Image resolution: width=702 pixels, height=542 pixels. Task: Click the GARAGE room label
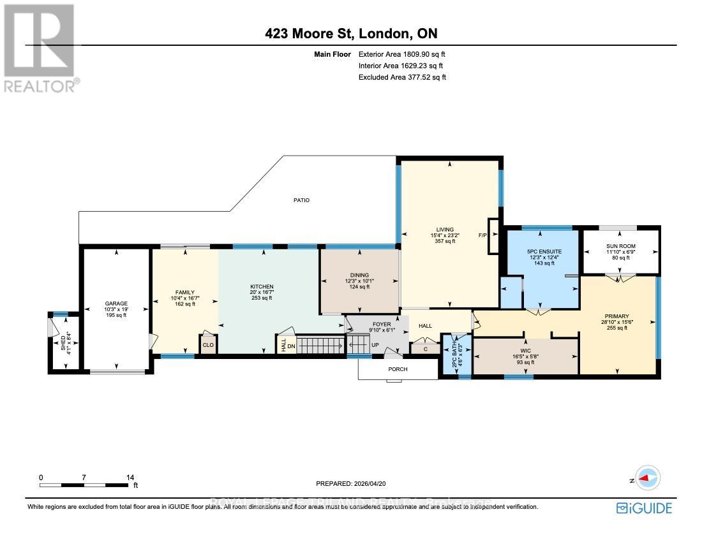tap(117, 304)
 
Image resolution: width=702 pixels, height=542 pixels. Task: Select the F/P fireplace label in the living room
tap(482, 235)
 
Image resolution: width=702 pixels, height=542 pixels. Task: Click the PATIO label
tap(301, 200)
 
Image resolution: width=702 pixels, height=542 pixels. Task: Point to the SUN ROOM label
tap(621, 246)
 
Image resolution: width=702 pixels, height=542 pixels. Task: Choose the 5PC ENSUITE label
tap(544, 252)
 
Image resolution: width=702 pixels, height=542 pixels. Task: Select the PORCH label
tap(398, 369)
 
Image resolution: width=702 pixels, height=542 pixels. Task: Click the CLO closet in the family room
tap(208, 345)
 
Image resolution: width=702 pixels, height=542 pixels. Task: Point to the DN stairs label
tap(291, 346)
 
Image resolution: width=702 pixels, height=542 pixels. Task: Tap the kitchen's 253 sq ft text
tap(262, 298)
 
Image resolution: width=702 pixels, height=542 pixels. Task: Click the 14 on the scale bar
tap(130, 477)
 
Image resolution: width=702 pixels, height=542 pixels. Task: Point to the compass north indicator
tap(648, 478)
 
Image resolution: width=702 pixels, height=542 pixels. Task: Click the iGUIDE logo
tap(645, 508)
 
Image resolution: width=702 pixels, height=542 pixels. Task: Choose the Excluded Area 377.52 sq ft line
tap(402, 77)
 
